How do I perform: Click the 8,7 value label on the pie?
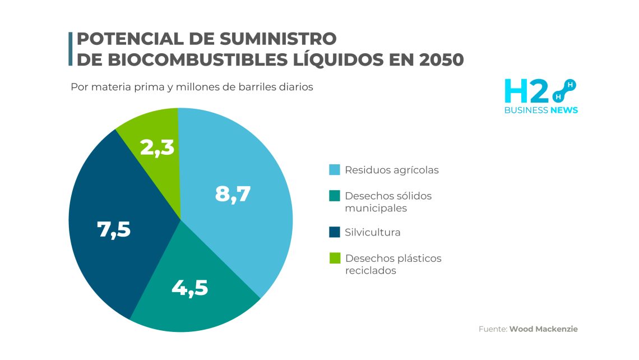click(x=233, y=194)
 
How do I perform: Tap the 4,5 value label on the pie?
click(x=189, y=288)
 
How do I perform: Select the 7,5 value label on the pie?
click(x=114, y=229)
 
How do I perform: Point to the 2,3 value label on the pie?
click(x=157, y=148)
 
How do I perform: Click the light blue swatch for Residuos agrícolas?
click(x=334, y=170)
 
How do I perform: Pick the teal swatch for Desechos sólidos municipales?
click(x=334, y=196)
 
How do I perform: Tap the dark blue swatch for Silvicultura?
click(x=334, y=232)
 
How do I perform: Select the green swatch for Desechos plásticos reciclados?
click(x=334, y=259)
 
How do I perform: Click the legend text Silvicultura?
click(x=373, y=232)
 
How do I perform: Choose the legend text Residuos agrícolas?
click(x=392, y=170)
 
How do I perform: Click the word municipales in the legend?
click(x=376, y=208)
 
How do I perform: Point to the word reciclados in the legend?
click(x=371, y=270)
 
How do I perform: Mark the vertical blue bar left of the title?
click(x=71, y=49)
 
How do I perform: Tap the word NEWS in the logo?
click(x=564, y=110)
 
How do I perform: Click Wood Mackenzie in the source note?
click(x=543, y=329)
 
